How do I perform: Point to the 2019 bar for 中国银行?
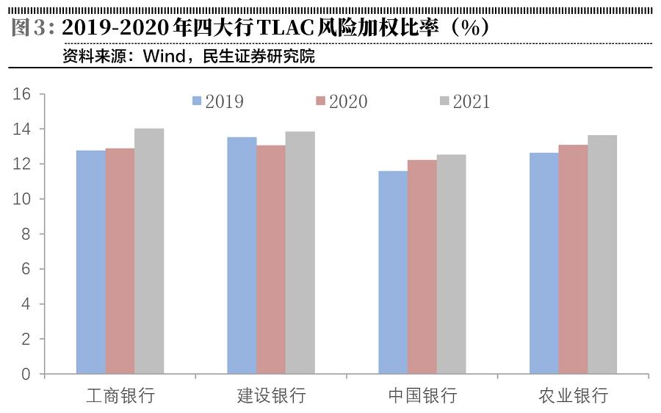pos(393,273)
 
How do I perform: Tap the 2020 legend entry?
pos(341,101)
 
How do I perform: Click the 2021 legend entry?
pos(464,101)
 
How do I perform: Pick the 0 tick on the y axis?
pos(26,374)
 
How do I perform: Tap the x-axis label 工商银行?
pos(120,396)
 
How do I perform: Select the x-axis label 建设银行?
pos(271,396)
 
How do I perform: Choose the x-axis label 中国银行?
pos(422,396)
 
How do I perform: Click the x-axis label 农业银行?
pos(574,396)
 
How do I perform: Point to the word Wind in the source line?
pos(165,57)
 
